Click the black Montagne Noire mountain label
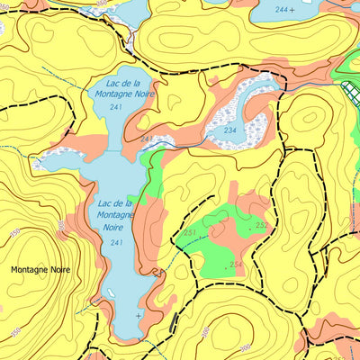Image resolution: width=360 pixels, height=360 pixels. [40, 269]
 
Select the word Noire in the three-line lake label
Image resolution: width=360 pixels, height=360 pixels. [114, 228]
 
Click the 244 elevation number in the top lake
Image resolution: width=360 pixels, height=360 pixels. [283, 9]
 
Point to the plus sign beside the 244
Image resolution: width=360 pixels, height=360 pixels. [292, 9]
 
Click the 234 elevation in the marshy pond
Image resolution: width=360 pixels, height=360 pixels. [229, 130]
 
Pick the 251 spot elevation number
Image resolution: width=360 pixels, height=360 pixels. [190, 233]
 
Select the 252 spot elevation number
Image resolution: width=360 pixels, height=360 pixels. [261, 226]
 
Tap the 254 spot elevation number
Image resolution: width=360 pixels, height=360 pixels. [236, 264]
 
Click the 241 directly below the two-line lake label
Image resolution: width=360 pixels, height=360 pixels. [115, 107]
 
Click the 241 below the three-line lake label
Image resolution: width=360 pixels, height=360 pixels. [115, 243]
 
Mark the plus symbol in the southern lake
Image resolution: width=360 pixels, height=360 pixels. [138, 316]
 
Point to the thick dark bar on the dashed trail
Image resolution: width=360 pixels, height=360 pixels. [173, 321]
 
